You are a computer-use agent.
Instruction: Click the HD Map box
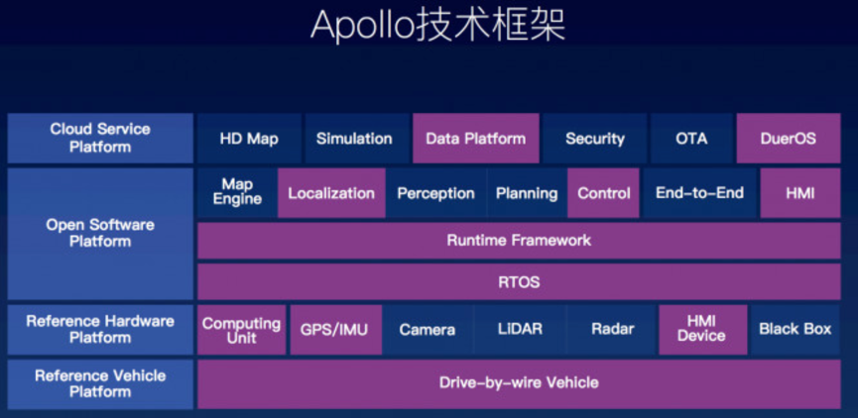[249, 139]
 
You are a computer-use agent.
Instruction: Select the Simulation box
[354, 139]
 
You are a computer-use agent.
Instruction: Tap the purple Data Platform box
[475, 139]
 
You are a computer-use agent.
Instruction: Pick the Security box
[595, 139]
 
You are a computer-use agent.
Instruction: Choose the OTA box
[691, 139]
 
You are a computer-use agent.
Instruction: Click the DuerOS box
[788, 139]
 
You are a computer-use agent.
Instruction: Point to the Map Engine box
[237, 193]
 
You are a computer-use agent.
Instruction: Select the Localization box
[331, 193]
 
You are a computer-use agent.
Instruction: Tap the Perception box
[436, 193]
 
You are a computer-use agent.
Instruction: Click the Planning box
[527, 193]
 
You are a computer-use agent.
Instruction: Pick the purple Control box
[603, 193]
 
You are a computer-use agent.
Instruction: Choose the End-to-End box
[699, 193]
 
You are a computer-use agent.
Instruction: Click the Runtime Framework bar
[519, 241]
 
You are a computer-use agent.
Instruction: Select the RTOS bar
[519, 282]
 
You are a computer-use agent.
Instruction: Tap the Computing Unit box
[241, 330]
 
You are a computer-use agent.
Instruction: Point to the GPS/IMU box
[335, 330]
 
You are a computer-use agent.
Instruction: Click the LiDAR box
[520, 330]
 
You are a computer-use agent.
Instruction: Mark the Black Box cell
[796, 330]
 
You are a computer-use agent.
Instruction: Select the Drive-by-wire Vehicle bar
[519, 383]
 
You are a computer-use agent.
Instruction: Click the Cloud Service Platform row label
[100, 139]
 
